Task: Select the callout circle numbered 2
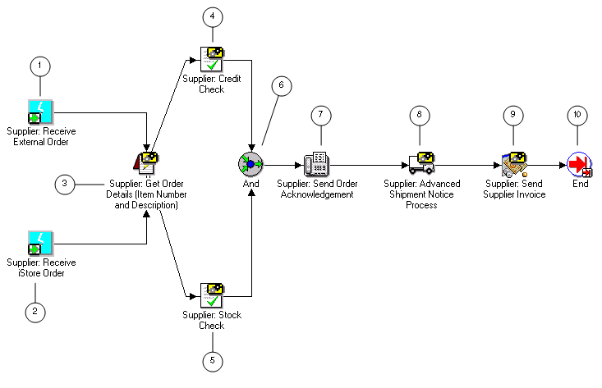34,311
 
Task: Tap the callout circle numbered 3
66,184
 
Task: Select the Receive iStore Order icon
40,244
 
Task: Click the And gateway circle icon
250,164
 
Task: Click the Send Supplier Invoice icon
514,164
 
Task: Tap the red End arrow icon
580,164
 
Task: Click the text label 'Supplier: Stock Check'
211,319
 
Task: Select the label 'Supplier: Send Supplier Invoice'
515,189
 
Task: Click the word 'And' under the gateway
250,184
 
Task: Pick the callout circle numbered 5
212,359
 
